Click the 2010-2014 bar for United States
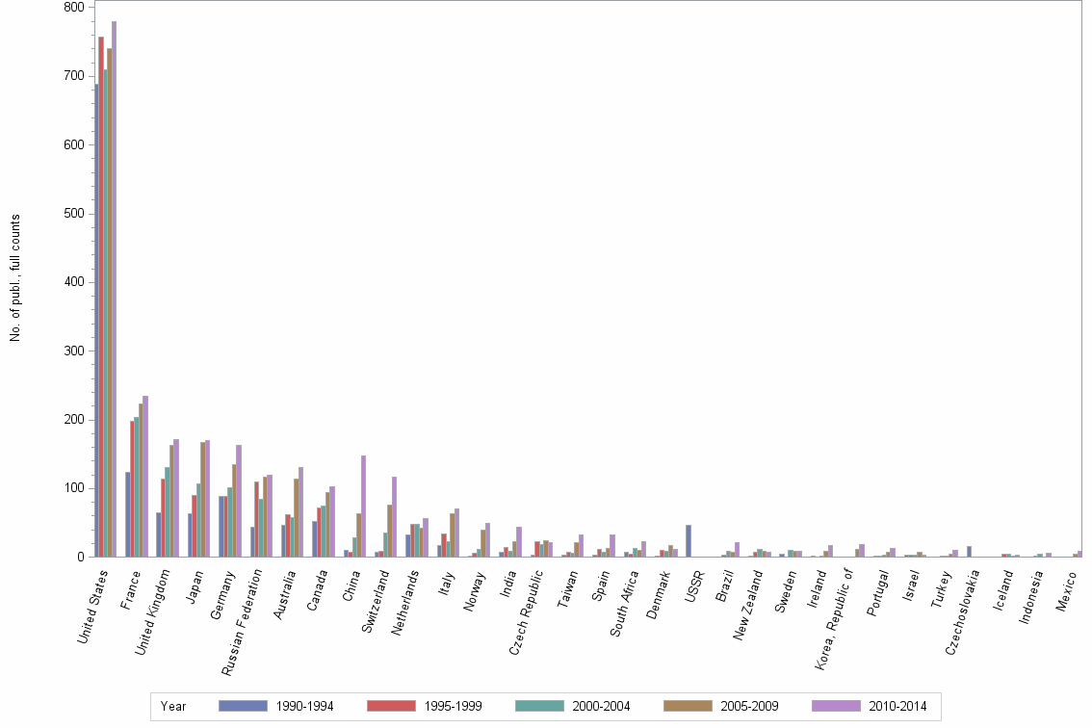click(x=114, y=289)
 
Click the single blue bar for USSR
click(x=689, y=541)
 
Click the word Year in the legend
click(x=173, y=707)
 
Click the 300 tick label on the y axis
click(x=73, y=351)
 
